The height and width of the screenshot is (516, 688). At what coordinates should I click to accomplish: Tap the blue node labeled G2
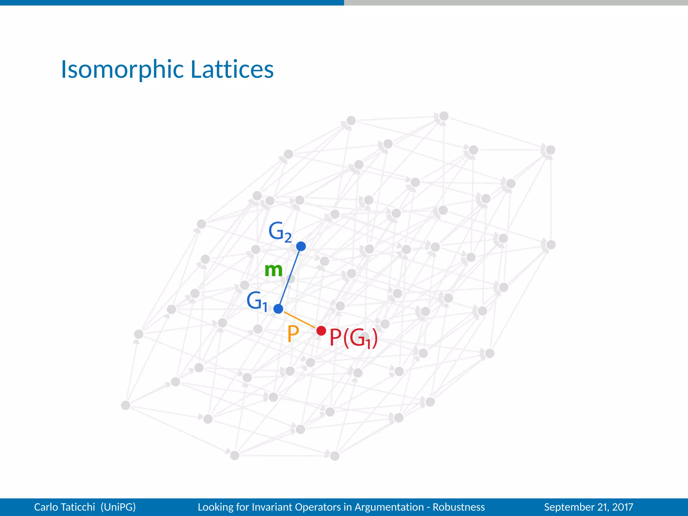[301, 246]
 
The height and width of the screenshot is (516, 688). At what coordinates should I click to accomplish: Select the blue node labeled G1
[278, 309]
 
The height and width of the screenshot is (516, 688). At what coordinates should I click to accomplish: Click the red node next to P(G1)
[321, 331]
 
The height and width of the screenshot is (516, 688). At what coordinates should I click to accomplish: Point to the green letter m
[273, 270]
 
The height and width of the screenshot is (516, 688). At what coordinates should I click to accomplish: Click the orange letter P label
[293, 334]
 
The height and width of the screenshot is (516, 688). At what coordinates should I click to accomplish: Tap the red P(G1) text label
[353, 338]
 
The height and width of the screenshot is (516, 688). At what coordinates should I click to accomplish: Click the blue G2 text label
[279, 232]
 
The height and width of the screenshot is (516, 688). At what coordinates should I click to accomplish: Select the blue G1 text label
[257, 301]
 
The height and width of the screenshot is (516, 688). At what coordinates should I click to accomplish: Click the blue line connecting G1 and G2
[290, 277]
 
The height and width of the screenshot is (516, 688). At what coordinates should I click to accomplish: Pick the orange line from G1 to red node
[300, 320]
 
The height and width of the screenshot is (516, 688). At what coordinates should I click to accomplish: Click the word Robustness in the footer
[459, 507]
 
